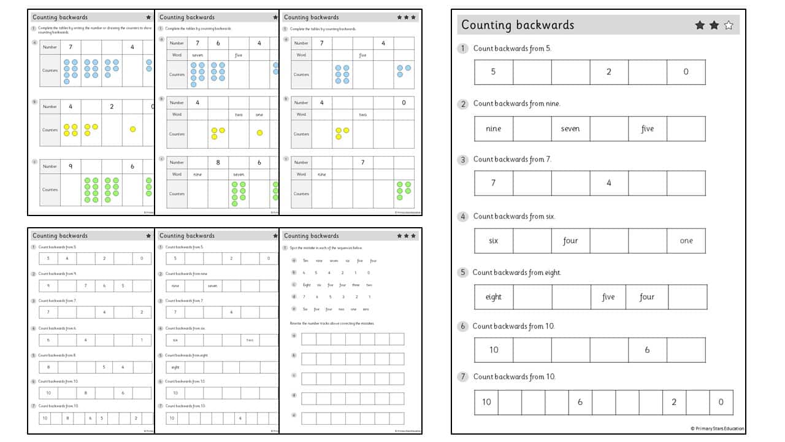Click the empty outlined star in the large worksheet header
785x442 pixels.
[x=729, y=25]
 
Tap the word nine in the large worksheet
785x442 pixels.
[x=493, y=129]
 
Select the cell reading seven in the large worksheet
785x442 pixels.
[x=570, y=129]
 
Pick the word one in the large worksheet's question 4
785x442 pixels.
[x=686, y=241]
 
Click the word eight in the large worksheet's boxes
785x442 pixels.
[x=493, y=297]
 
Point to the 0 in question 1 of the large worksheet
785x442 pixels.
[x=686, y=72]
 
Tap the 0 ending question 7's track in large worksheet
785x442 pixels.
[x=721, y=402]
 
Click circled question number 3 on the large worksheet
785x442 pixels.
[x=463, y=160]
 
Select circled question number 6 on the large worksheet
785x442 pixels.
[x=463, y=327]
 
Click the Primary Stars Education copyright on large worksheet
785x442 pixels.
[x=717, y=428]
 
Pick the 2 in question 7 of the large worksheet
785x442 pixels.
[x=674, y=402]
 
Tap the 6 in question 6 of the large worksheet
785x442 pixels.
[x=647, y=350]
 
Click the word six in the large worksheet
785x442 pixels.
[x=493, y=241]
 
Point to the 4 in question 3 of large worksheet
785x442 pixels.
[x=608, y=183]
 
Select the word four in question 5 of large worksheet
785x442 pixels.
[x=647, y=297]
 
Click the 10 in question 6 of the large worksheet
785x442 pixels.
[x=493, y=350]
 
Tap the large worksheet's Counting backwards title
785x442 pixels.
[x=518, y=25]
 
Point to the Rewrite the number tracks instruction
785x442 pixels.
[x=332, y=323]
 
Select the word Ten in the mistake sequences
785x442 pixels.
[x=305, y=260]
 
